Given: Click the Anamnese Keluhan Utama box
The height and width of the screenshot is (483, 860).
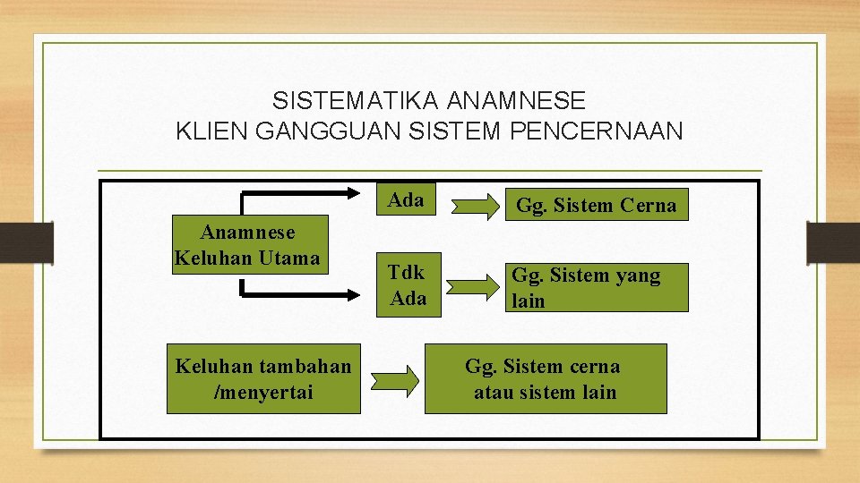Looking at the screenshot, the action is point(247,245).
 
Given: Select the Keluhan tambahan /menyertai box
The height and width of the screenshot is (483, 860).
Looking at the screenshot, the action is point(263,378).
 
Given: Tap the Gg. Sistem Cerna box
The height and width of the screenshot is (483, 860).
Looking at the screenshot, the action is point(596,206).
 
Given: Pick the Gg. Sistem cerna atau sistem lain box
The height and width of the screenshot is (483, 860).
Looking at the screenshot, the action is point(545,378).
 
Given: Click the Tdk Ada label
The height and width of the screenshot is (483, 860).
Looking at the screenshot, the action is point(408,285).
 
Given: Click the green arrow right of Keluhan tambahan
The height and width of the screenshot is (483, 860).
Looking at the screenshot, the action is point(394,379).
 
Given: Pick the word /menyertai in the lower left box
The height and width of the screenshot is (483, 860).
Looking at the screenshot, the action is point(263,392).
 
